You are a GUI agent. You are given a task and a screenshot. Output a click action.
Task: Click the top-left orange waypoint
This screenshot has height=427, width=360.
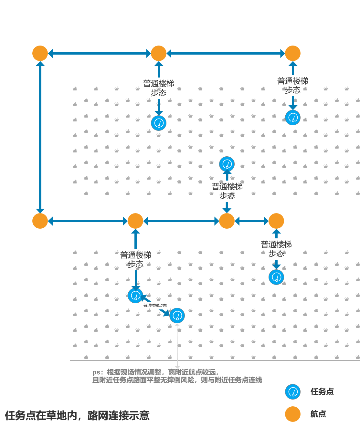point(40,53)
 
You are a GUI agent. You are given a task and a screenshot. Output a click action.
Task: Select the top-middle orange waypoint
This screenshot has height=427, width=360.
point(159,53)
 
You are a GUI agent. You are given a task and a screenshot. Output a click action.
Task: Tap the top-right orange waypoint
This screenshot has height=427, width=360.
point(293,53)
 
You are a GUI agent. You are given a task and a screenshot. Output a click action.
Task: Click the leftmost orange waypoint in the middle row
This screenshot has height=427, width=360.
point(40,221)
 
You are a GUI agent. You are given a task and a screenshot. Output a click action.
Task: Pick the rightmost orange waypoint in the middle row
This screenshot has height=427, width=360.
point(276,221)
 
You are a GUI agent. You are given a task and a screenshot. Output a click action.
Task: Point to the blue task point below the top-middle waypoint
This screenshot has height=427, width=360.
point(159,123)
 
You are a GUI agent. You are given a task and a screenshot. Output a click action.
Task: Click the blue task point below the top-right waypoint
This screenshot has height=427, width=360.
point(293,118)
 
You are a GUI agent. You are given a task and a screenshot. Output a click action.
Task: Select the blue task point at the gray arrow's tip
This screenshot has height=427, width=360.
point(177,316)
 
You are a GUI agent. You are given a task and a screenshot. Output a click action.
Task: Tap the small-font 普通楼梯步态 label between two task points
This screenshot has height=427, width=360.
point(155,306)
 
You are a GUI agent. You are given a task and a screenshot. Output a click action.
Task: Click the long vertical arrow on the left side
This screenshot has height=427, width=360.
point(40,137)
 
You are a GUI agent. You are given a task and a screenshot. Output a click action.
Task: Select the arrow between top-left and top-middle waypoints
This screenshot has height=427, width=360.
point(99,53)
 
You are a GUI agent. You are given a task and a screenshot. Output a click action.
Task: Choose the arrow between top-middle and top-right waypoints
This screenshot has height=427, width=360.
point(226,53)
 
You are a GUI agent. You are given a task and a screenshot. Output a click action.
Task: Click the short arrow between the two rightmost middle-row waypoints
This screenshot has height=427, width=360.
point(251,221)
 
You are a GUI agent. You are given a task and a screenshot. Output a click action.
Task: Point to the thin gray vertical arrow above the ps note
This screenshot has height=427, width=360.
point(177,346)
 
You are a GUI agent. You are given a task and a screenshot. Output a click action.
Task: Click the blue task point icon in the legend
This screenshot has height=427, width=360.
point(293,392)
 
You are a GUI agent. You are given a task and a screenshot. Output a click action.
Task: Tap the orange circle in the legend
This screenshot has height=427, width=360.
point(293,414)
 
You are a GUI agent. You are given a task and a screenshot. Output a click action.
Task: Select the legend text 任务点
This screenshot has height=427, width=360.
point(322,392)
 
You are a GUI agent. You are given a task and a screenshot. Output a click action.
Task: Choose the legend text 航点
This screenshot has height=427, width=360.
point(318,414)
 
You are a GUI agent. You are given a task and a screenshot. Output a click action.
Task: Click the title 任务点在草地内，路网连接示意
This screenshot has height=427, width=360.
point(77,415)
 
